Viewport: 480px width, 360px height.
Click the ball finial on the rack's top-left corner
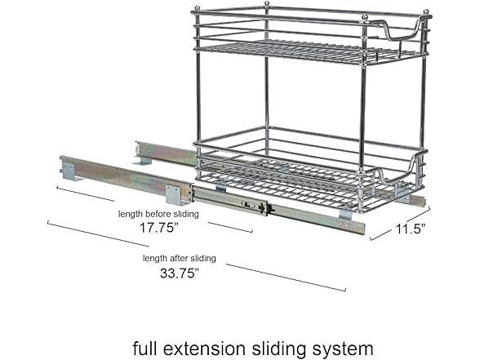tap(195, 10)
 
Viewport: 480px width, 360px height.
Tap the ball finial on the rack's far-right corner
tap(427, 12)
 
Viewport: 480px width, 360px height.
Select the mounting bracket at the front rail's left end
tap(69, 171)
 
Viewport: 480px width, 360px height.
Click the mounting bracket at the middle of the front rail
tap(174, 193)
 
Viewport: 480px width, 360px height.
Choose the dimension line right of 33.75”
tap(286, 277)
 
